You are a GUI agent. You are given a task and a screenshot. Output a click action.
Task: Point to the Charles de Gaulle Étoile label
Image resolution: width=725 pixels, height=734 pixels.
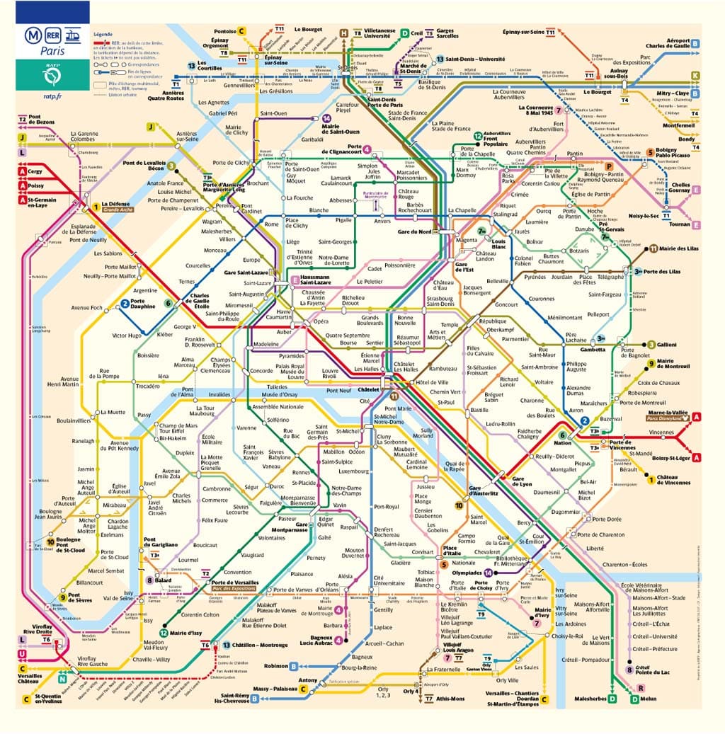[199, 300]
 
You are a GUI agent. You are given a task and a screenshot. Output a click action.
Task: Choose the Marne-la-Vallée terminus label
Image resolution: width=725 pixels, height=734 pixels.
[666, 416]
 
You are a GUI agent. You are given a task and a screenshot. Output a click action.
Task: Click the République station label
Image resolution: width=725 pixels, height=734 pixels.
[493, 321]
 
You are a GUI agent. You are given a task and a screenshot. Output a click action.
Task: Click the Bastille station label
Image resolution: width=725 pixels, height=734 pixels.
[479, 410]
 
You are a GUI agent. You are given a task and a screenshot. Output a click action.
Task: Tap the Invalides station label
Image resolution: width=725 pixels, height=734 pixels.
[219, 394]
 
